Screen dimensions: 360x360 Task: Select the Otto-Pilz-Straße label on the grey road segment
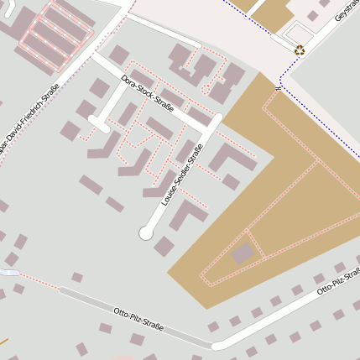pyautogui.click(x=138, y=319)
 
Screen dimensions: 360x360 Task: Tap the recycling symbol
pyautogui.click(x=300, y=50)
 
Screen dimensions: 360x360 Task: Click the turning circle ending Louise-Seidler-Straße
pyautogui.click(x=146, y=233)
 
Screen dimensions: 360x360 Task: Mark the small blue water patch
pyautogui.click(x=8, y=273)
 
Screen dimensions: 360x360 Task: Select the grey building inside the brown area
pyautogui.click(x=243, y=253)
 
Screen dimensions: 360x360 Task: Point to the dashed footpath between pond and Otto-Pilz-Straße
pyautogui.click(x=39, y=282)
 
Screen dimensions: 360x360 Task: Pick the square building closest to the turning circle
pyautogui.click(x=164, y=246)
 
